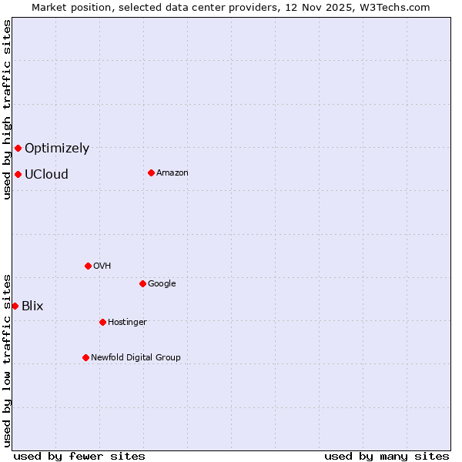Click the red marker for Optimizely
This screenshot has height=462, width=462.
[18, 148]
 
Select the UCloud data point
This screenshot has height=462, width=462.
[18, 174]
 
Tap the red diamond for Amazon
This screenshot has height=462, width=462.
[151, 172]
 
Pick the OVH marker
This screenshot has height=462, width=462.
[88, 266]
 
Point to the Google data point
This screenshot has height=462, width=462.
[142, 283]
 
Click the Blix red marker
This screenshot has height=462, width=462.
[15, 306]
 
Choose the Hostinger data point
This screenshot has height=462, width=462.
[102, 322]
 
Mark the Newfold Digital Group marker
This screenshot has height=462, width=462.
[85, 357]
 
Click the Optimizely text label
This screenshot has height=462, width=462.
[57, 149]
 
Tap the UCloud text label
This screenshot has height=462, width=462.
[46, 175]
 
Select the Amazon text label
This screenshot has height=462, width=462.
[172, 173]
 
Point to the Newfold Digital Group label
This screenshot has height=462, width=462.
[136, 357]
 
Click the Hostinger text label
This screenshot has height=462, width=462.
[127, 322]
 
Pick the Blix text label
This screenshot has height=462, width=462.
[32, 306]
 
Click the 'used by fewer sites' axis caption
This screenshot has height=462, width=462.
[79, 457]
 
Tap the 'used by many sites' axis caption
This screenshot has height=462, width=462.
[387, 457]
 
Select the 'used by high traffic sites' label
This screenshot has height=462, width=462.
[7, 109]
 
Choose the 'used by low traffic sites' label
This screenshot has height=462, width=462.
[7, 360]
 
